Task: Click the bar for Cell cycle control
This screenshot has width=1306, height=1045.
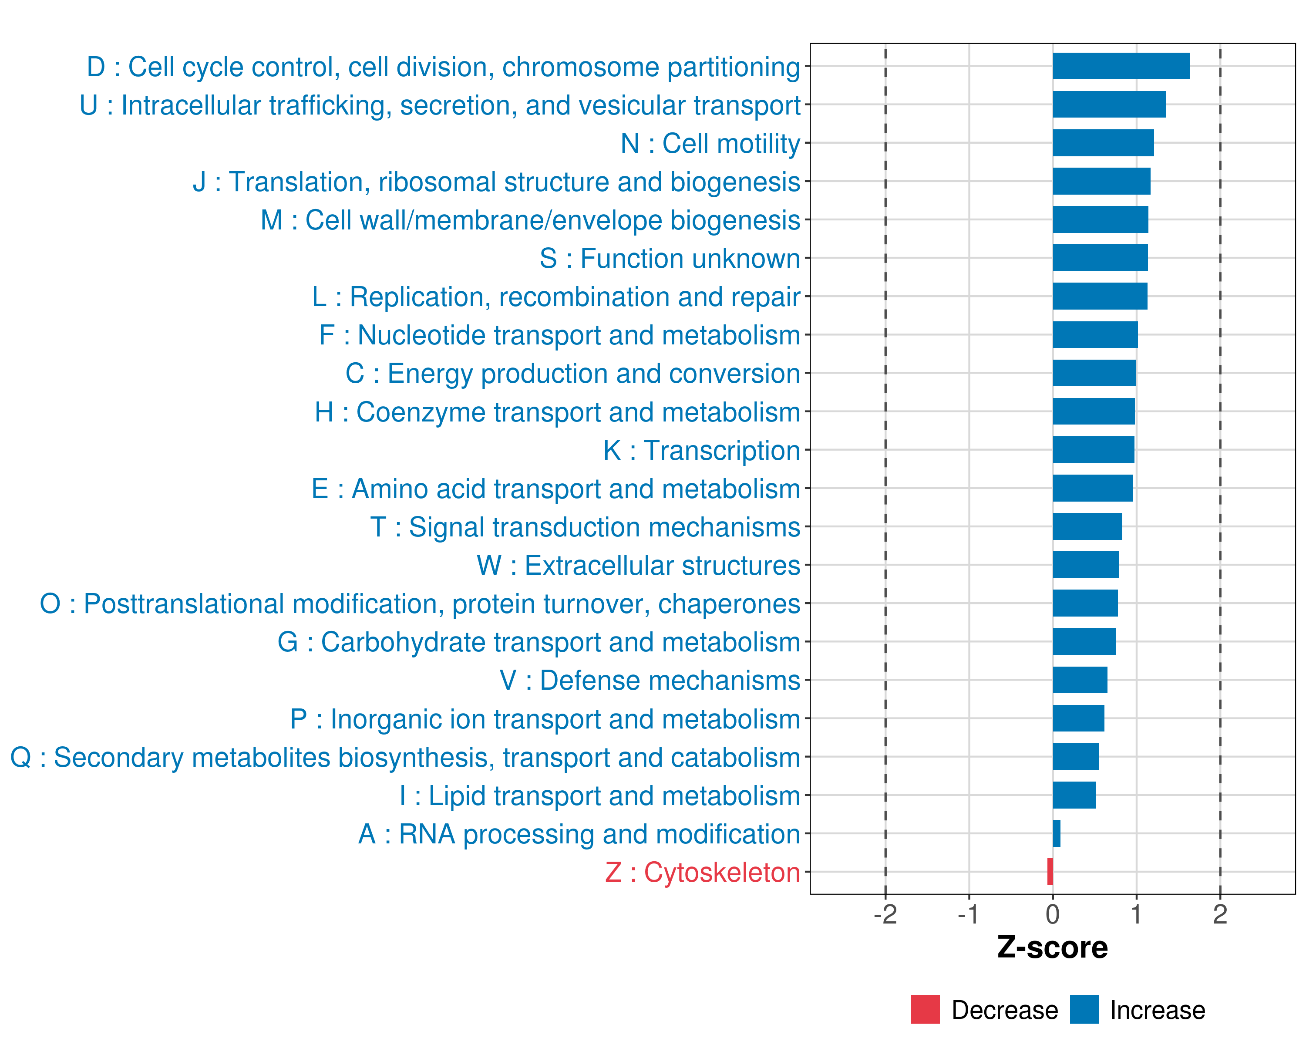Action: (x=1121, y=66)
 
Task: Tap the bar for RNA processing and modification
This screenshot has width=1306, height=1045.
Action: (x=1057, y=833)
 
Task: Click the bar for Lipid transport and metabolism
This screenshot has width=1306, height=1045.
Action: (x=1074, y=795)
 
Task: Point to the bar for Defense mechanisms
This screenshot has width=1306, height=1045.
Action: (x=1080, y=680)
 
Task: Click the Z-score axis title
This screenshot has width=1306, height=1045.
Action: (x=1053, y=947)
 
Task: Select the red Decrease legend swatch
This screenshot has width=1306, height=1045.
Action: (x=925, y=1009)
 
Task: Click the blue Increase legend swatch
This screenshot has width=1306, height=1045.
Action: (x=1084, y=1009)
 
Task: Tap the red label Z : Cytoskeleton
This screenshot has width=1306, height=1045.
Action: (x=703, y=872)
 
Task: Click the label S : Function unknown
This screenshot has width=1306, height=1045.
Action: (x=670, y=259)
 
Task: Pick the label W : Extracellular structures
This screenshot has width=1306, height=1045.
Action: (x=639, y=565)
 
